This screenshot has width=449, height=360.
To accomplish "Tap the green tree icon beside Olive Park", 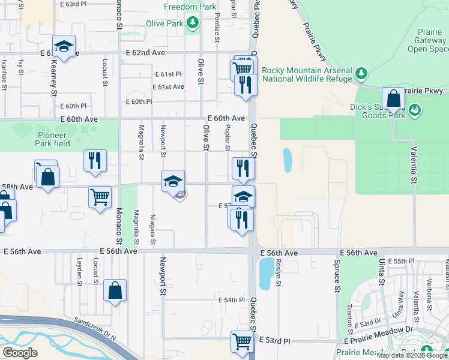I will click(192, 23).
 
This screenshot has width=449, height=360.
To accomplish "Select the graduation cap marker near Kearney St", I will click(63, 46).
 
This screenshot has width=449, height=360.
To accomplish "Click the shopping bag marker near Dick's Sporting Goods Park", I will click(393, 98).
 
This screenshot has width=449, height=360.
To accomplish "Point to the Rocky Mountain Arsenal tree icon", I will click(361, 73).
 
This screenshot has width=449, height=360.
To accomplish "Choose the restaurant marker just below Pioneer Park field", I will click(95, 161).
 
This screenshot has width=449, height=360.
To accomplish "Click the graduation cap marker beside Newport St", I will click(173, 181).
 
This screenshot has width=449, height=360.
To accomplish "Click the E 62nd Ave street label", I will click(145, 53).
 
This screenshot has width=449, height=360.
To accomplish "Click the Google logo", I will click(20, 353).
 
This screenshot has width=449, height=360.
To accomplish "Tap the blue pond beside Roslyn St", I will click(265, 273).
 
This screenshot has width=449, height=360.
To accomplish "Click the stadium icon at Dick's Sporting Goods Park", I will click(414, 110).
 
